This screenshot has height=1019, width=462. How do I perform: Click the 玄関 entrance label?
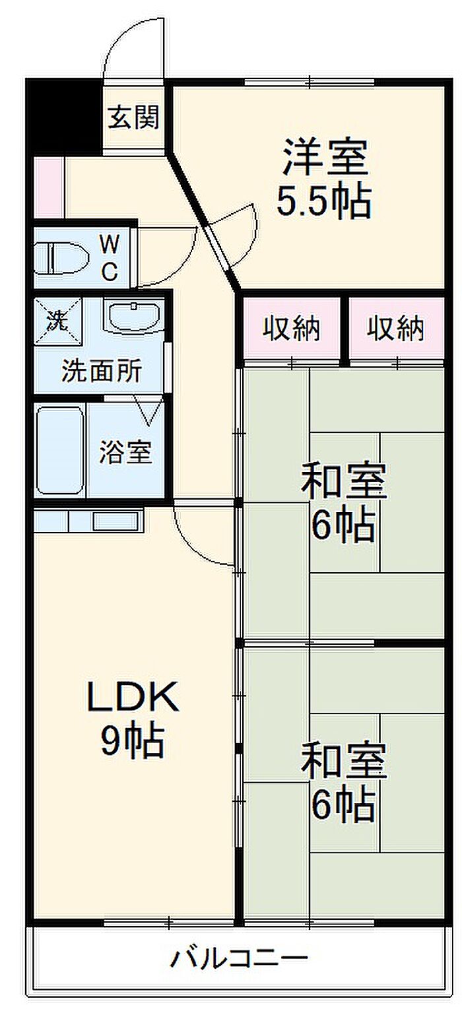tap(133, 119)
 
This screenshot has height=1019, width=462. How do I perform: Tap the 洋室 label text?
tap(324, 156)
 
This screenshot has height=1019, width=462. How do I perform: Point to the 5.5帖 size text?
tap(323, 201)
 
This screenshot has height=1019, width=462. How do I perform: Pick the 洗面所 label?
tap(100, 372)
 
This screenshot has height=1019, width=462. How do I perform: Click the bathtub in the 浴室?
tap(60, 449)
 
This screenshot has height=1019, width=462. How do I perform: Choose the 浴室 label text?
tap(125, 452)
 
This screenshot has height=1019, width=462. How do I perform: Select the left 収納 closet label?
tap(292, 328)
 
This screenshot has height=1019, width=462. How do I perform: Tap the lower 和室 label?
tap(343, 761)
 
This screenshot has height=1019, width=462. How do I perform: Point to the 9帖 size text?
tap(132, 742)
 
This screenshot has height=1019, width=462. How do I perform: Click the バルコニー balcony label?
tap(240, 957)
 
